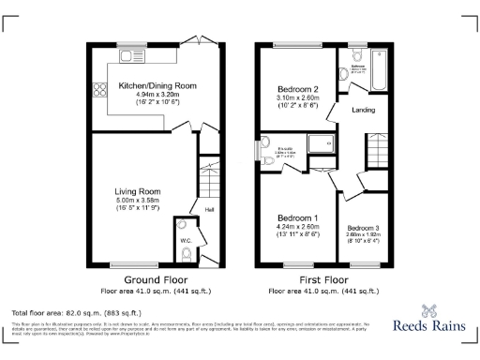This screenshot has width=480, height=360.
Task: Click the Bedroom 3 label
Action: (362, 229)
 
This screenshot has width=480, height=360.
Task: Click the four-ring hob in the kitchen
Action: (98, 92)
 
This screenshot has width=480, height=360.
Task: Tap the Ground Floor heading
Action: (151, 280)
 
